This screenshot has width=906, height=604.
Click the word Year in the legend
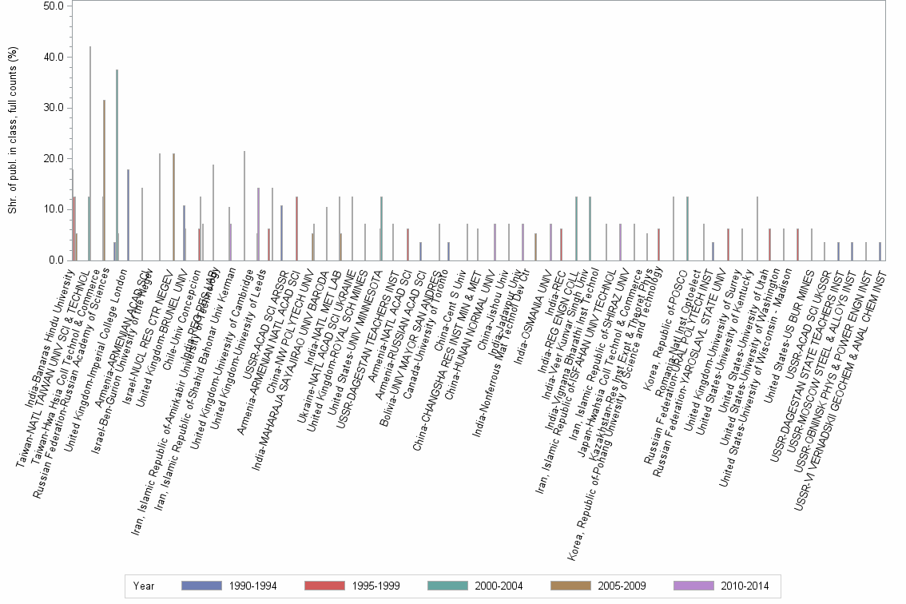point(145,586)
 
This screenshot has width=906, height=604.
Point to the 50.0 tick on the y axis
point(54,6)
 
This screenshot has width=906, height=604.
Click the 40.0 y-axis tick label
point(54,58)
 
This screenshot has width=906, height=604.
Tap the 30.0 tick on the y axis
point(54,108)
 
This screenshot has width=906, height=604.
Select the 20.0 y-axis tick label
point(54,159)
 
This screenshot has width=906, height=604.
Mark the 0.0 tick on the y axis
point(56,260)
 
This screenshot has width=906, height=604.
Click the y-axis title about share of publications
point(13,132)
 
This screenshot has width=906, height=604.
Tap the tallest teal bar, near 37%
point(117,165)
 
